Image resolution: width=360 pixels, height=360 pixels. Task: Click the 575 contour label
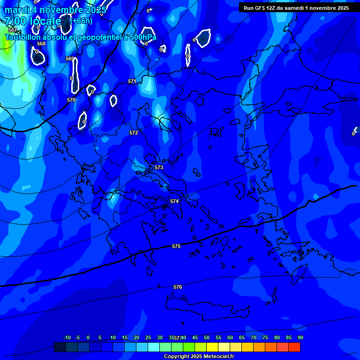tap(176, 246)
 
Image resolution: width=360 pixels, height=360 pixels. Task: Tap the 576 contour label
tap(178, 287)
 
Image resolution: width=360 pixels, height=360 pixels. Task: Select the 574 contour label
tap(174, 201)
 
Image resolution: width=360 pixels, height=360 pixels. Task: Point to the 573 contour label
tap(159, 167)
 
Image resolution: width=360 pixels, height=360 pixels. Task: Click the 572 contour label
tap(134, 133)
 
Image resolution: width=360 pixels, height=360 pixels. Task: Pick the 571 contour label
tap(132, 81)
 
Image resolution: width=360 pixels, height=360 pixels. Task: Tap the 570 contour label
tap(71, 100)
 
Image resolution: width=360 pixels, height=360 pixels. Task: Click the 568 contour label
tap(41, 44)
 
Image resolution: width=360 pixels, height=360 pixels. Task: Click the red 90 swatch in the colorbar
tap(294, 347)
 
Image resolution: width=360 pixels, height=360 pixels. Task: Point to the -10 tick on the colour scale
tap(67, 337)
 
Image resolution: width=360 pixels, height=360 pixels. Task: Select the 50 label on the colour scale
tap(207, 337)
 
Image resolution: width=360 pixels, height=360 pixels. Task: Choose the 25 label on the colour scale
tap(148, 337)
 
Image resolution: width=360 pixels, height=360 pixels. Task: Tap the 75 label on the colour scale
tap(265, 337)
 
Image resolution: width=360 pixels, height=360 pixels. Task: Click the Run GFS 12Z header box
tap(296, 8)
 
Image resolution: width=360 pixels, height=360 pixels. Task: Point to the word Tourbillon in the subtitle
tap(22, 37)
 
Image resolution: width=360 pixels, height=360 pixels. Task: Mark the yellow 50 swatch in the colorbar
tap(212, 347)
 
